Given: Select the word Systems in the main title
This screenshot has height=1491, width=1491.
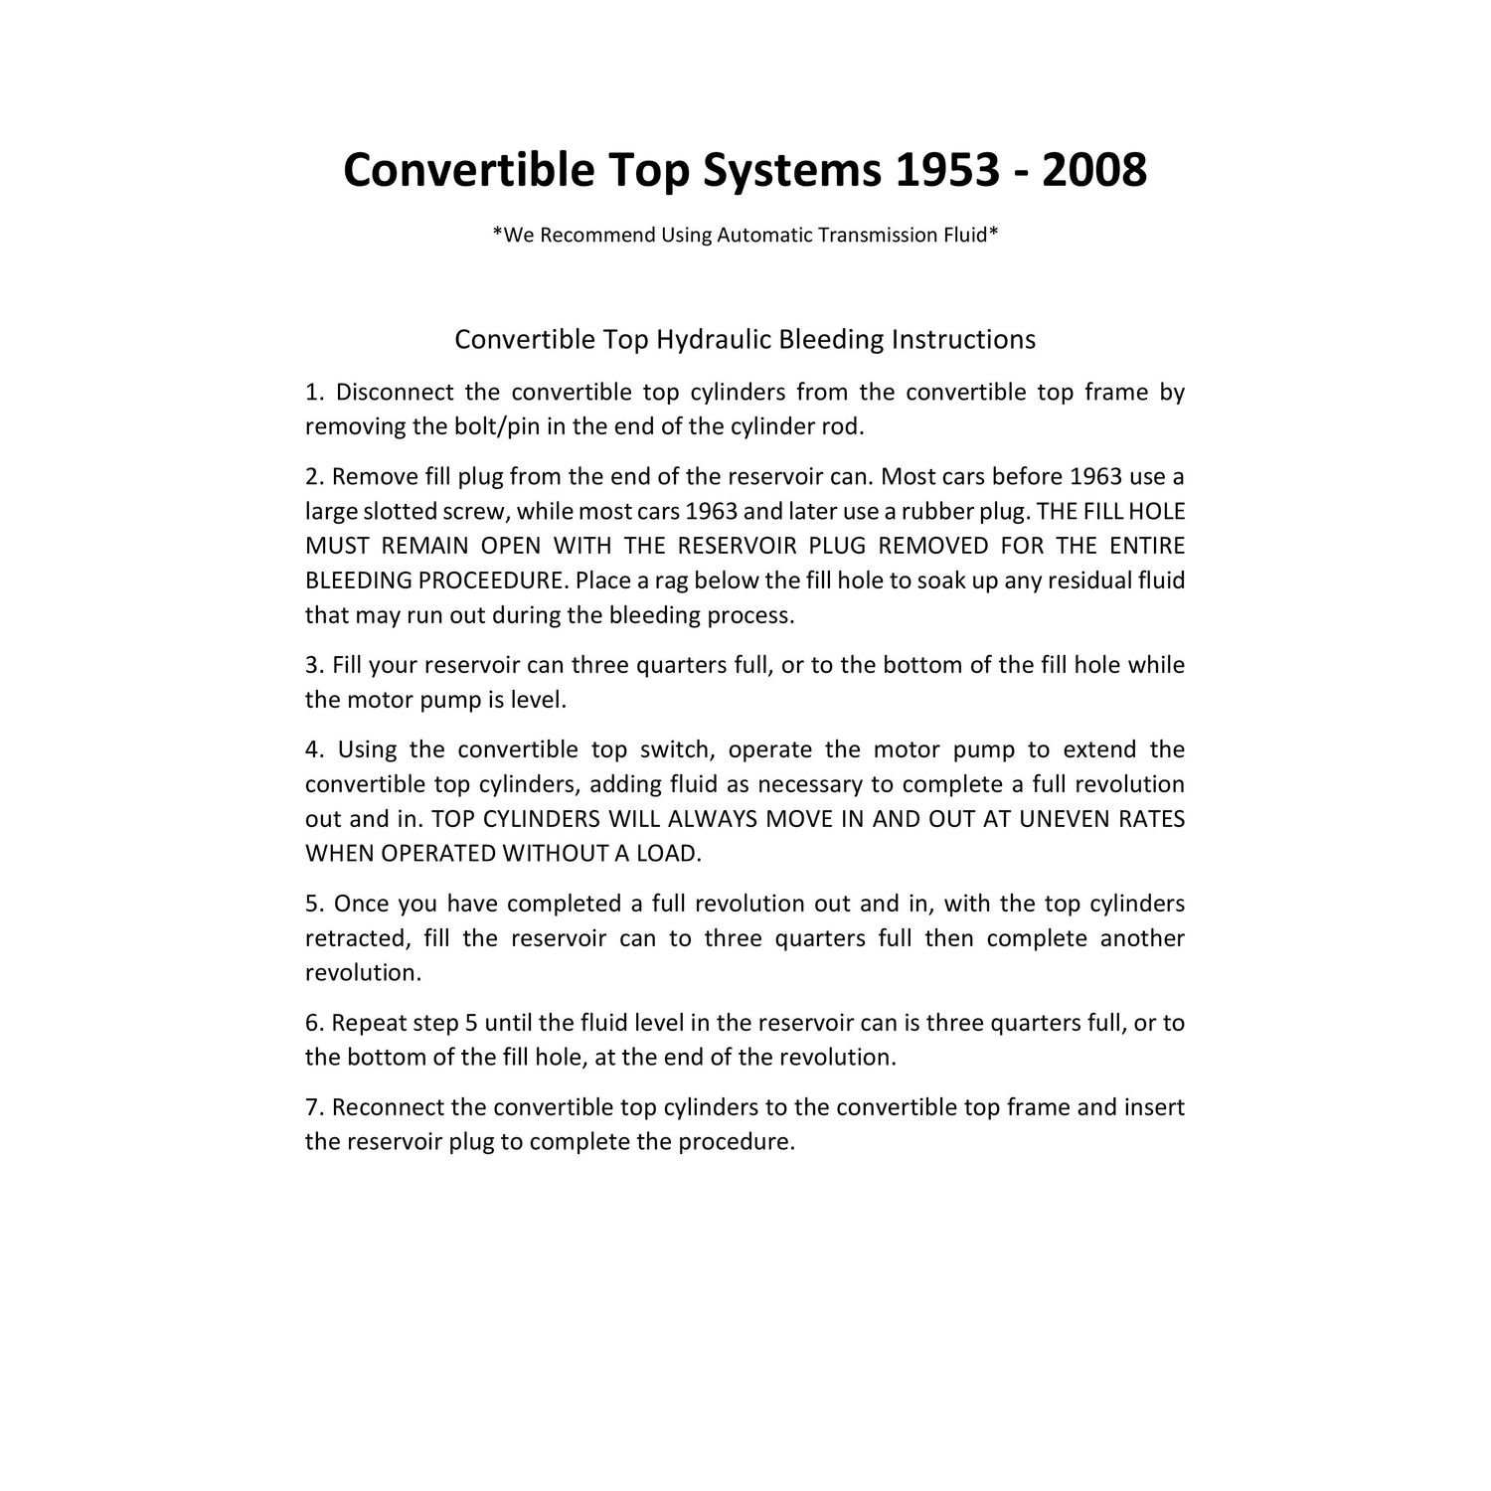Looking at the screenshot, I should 792,170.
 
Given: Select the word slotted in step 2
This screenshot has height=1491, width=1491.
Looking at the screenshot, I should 398,512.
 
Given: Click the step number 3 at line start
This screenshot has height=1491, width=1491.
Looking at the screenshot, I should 310,665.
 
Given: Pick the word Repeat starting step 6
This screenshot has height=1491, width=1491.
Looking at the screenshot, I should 365,1023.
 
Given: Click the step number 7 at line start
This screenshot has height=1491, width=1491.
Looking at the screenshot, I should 310,1107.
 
